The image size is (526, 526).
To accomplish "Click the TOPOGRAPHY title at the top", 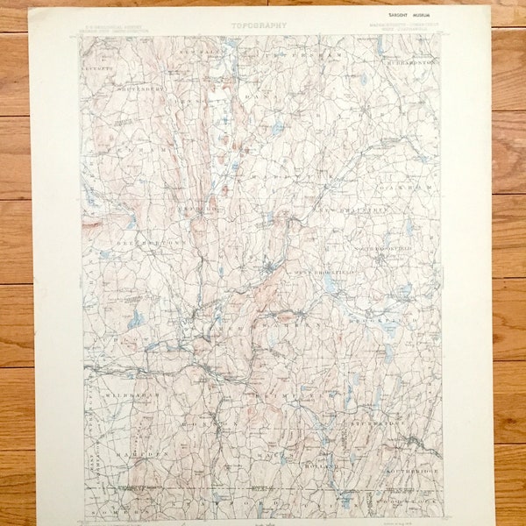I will (259, 25).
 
